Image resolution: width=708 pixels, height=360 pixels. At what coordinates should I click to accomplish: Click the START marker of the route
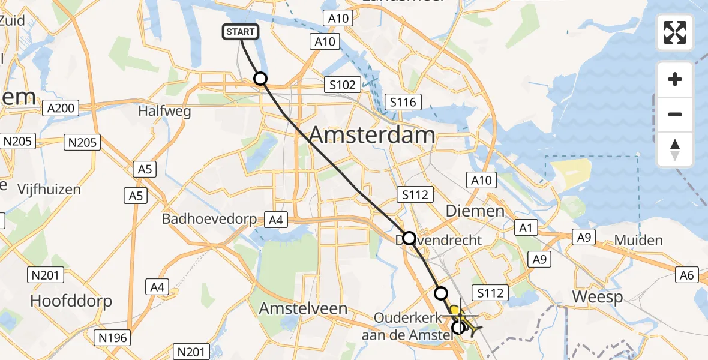click(241, 32)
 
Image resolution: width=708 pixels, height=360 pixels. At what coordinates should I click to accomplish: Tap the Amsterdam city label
click(372, 135)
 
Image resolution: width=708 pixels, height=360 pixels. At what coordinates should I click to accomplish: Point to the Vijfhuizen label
click(49, 190)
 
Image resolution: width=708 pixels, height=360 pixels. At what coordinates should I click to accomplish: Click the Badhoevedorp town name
click(209, 219)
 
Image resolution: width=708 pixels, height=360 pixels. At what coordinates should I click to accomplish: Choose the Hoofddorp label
click(71, 301)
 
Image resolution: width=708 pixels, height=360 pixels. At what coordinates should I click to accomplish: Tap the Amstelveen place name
click(303, 309)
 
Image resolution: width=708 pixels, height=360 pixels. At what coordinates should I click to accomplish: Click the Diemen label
click(475, 211)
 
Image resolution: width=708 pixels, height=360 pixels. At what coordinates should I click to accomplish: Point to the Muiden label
click(638, 241)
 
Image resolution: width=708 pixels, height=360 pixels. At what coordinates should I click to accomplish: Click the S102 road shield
click(342, 85)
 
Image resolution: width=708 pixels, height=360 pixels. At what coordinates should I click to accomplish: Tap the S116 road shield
click(402, 103)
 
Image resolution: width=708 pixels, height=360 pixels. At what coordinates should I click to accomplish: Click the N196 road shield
click(113, 338)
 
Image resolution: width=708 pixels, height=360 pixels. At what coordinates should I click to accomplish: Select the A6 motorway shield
click(687, 275)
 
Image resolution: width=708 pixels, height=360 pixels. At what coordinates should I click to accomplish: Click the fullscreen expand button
click(675, 32)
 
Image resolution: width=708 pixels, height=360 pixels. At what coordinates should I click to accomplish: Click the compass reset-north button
click(675, 149)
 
